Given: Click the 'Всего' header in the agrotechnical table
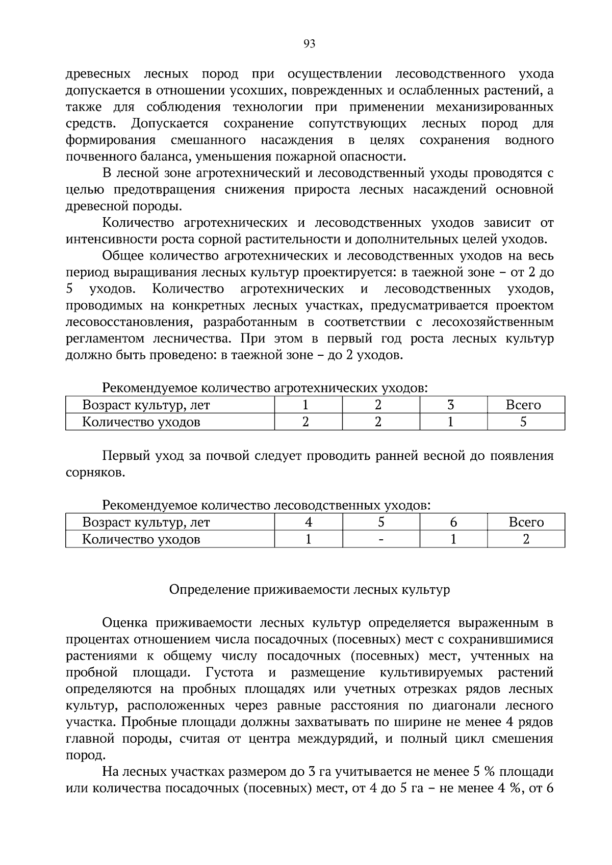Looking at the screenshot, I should pos(523,405).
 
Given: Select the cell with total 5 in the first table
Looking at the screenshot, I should pos(523,422).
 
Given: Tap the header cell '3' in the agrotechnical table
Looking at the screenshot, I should pos(450,405).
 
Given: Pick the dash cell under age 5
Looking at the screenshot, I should pos(380,539).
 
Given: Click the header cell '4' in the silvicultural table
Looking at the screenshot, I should pos(308,522).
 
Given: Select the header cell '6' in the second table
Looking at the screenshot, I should pos(453,522).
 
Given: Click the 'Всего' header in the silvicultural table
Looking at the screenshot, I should pos(526,522).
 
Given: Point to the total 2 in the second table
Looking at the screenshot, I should pos(526,539).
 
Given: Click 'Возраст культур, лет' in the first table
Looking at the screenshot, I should pos(146,405).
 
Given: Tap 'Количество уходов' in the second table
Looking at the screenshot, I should pos(141,539).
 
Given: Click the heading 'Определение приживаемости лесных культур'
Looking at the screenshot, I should pos(310,590).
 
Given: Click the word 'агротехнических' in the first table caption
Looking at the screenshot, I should pos(327,388).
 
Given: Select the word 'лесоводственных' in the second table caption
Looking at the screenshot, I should pos(326,506).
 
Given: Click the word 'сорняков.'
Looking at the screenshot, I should pos(95,473).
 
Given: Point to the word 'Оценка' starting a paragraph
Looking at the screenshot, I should pos(125,623).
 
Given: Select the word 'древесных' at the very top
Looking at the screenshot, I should pos(97,74).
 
